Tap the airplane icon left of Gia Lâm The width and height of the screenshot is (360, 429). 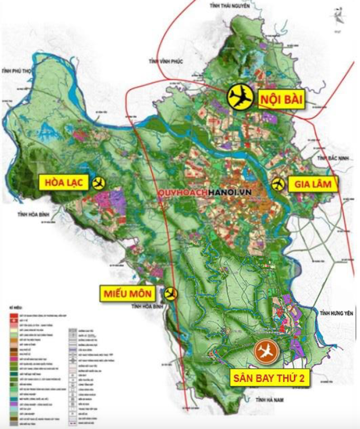tap(278, 184)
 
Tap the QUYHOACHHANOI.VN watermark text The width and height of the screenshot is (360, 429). tap(192, 191)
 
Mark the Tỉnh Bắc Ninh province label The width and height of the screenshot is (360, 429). tap(329, 157)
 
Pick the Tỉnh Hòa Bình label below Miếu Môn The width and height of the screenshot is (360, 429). tap(147, 306)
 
